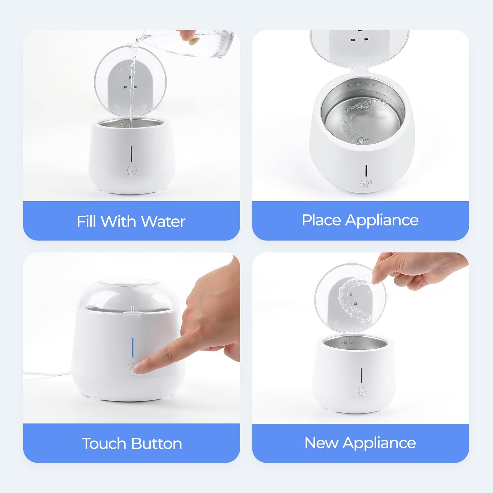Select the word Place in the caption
[x=321, y=220]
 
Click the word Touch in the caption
[x=104, y=444]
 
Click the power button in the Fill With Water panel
[x=132, y=171]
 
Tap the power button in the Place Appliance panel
[x=365, y=183]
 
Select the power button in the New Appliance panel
[x=361, y=391]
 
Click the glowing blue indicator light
[x=133, y=349]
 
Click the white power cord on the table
[x=48, y=374]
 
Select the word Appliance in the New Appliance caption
[x=379, y=443]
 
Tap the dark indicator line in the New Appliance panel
[x=361, y=375]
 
